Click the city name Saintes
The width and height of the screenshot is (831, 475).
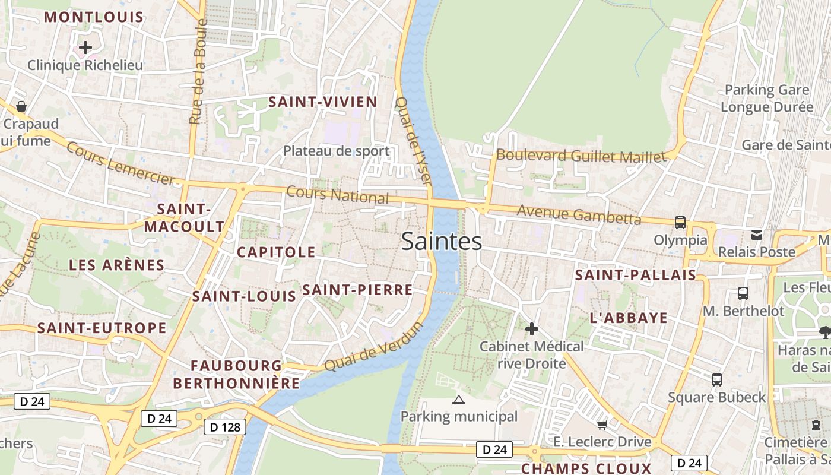tap(442, 242)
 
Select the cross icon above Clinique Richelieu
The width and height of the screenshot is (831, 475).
tap(85, 47)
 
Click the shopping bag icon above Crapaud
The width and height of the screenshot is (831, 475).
tap(21, 106)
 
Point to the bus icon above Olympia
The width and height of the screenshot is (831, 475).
tap(680, 223)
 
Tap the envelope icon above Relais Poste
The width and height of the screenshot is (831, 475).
tap(757, 235)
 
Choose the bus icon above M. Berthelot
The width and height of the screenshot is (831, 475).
tap(743, 293)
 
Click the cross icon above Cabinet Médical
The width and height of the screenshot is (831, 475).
tap(532, 328)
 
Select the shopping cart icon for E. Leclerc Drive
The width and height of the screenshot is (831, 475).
tap(602, 424)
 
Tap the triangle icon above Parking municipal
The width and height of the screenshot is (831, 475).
tap(458, 400)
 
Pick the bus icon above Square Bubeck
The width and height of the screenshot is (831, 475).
tap(717, 379)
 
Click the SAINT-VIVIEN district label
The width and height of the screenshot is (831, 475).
tap(323, 102)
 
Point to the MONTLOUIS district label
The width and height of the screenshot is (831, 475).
tap(94, 17)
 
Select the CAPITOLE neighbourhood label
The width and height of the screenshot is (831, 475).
tap(276, 252)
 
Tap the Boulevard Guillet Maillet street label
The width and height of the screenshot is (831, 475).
tap(581, 156)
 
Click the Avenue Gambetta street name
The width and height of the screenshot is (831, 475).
tap(579, 214)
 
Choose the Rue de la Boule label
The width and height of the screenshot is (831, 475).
tap(198, 72)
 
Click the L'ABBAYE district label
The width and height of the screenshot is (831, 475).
tap(629, 318)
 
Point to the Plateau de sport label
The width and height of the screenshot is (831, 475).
tap(337, 151)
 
